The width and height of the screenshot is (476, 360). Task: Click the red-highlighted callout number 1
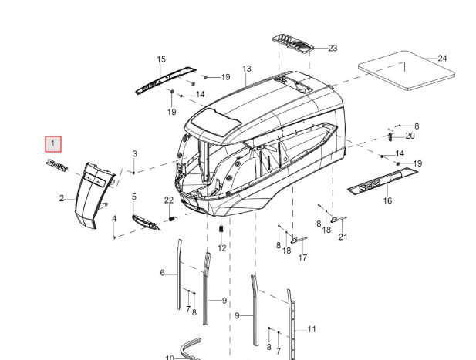(53, 143)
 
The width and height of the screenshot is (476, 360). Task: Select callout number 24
(442, 58)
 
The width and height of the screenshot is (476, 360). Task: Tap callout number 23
(333, 49)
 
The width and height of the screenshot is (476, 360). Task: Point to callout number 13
(247, 69)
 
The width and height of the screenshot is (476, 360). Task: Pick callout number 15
(161, 59)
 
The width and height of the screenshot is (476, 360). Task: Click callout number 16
(387, 200)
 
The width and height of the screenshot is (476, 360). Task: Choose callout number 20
(410, 136)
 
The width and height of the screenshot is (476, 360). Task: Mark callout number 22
(169, 200)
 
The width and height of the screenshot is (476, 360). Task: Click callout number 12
(222, 248)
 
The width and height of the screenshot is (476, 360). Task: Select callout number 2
(62, 199)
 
